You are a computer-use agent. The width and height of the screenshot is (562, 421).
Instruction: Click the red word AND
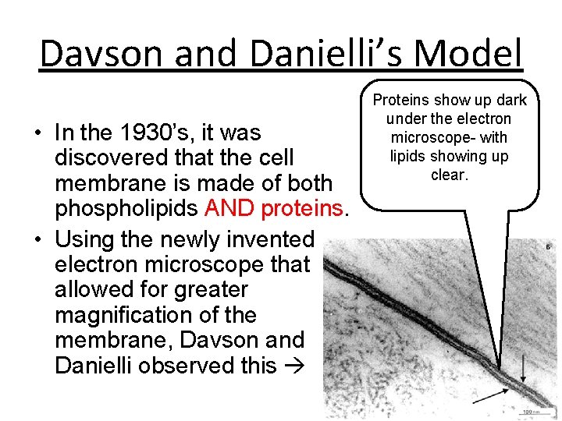pos(230,209)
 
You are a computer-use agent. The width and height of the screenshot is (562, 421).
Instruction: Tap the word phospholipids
pos(126,209)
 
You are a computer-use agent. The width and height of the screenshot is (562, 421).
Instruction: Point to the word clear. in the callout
pos(449,175)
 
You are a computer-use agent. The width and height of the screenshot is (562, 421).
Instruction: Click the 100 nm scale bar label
pos(532,412)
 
